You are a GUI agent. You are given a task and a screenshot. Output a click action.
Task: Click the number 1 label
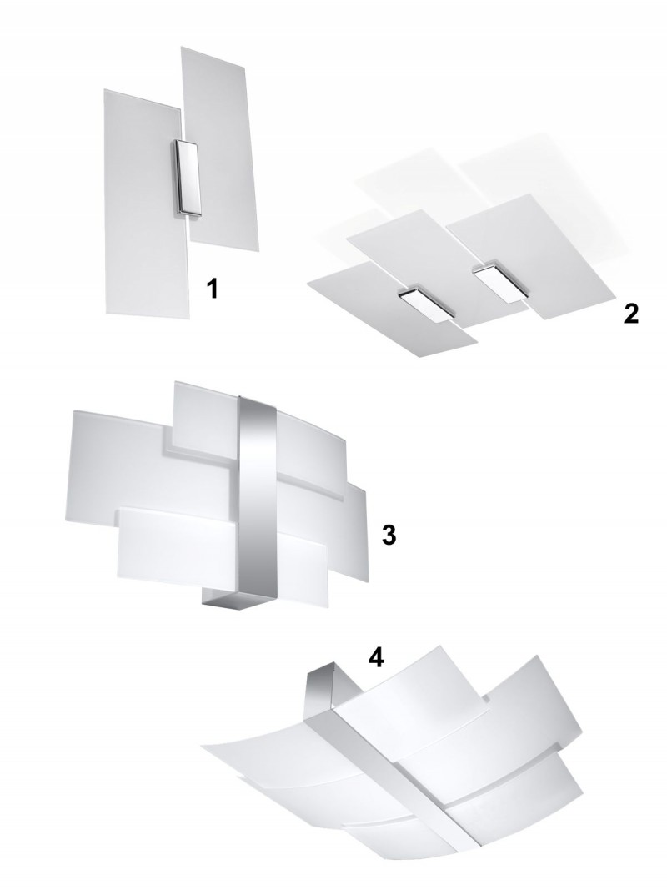pyautogui.click(x=212, y=289)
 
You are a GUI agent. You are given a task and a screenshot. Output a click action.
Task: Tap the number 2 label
pyautogui.click(x=630, y=314)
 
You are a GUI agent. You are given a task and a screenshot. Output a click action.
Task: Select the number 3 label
pyautogui.click(x=389, y=535)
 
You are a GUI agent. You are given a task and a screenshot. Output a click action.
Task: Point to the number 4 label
pyautogui.click(x=376, y=657)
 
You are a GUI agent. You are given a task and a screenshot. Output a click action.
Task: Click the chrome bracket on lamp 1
pyautogui.click(x=188, y=178)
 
